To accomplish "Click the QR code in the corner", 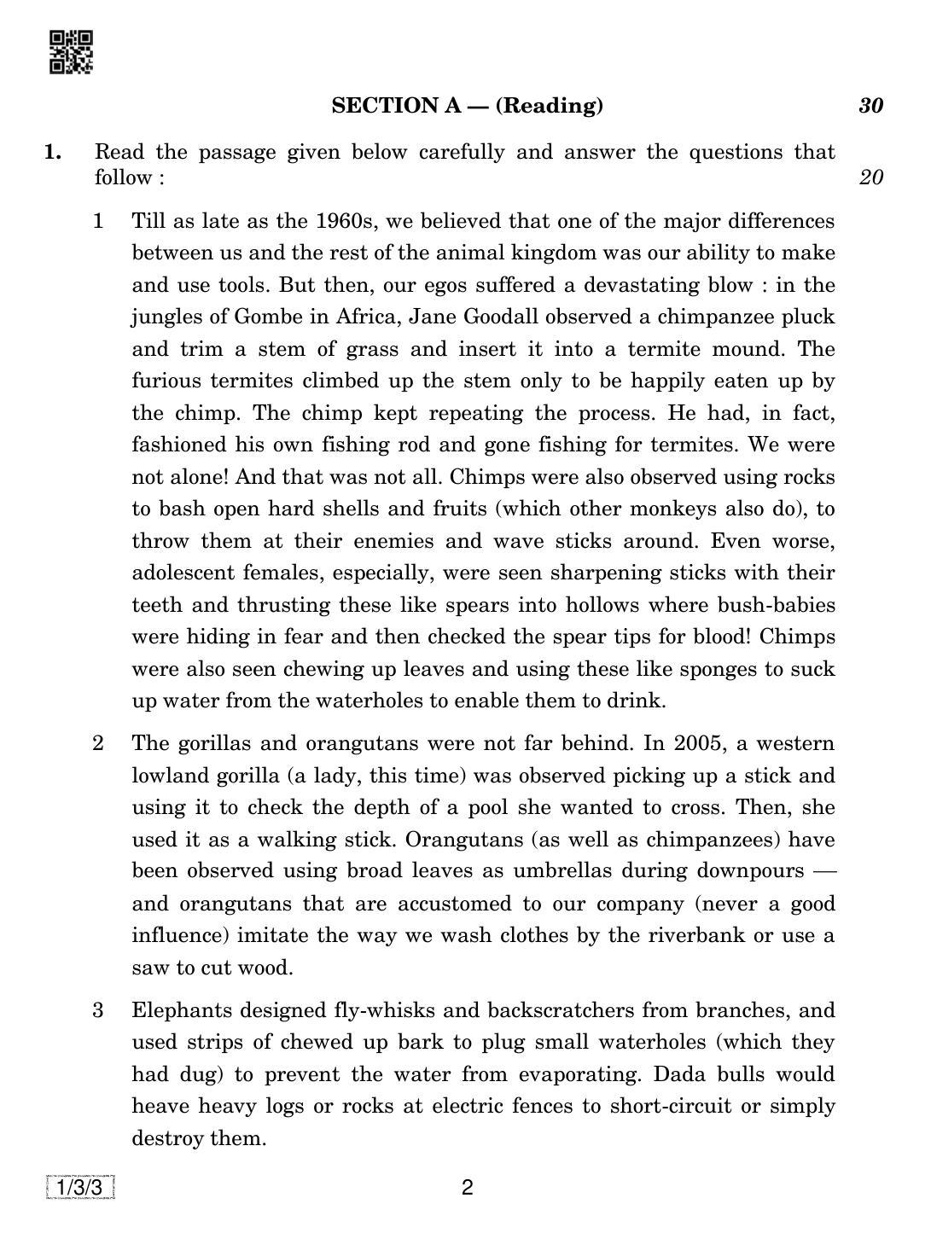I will click(72, 53).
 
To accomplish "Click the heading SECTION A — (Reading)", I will click(467, 106).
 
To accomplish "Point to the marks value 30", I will click(870, 106).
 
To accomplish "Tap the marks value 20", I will click(870, 177).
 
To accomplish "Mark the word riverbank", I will click(684, 935).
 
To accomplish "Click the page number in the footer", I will click(467, 1188).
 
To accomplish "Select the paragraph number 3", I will click(98, 1010).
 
